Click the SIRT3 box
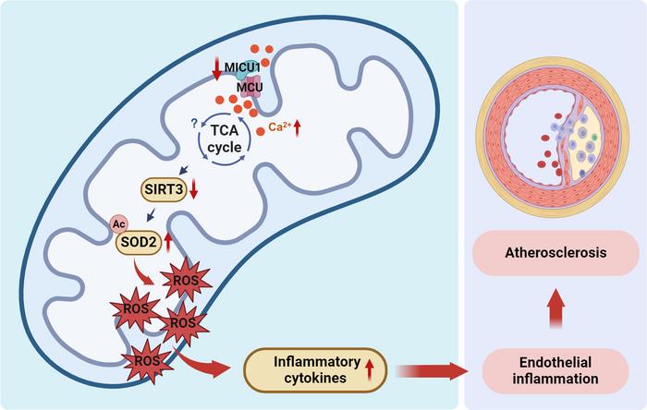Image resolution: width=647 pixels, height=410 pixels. click(x=161, y=191)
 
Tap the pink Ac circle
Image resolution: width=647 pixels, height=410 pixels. click(x=119, y=223)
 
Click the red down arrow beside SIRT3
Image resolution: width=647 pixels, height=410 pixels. click(x=194, y=190)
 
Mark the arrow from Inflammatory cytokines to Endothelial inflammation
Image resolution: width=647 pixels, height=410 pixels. click(x=434, y=369)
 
